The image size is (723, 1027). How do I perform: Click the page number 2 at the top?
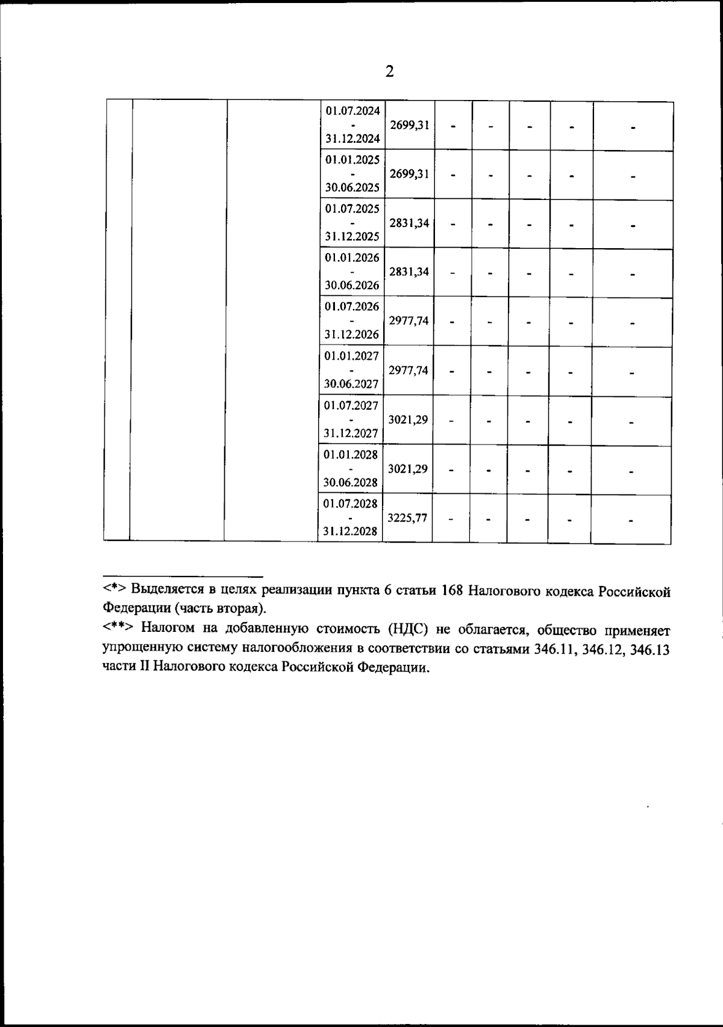pos(389,72)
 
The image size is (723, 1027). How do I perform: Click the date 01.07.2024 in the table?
pos(352,111)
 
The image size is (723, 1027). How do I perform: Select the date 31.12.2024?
pos(352,139)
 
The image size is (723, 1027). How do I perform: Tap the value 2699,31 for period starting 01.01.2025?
pos(409,174)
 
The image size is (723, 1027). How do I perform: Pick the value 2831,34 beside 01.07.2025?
pos(409,223)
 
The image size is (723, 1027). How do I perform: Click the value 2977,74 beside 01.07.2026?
pos(408,321)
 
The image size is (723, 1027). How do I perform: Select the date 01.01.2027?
pos(352,355)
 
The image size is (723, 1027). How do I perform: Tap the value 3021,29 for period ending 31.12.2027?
pos(408,419)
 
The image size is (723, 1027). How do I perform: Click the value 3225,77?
pos(408,517)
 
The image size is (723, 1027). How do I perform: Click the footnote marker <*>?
pos(114,588)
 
